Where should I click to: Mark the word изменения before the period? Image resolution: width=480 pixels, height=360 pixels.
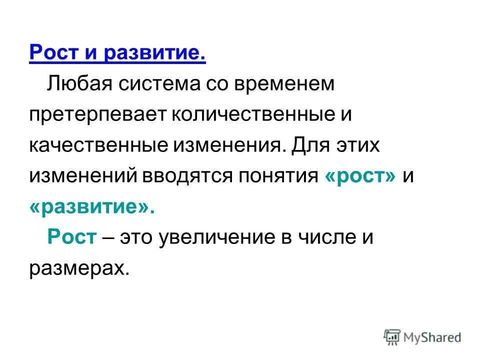point(228,145)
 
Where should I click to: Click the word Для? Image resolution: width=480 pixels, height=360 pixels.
point(310,145)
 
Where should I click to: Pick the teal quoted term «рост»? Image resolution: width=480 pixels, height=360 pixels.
point(360,176)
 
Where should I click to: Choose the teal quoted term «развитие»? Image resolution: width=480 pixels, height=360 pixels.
point(92,207)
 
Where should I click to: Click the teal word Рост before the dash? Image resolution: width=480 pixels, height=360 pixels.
point(71,237)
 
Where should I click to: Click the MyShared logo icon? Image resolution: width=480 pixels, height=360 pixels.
point(393,336)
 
